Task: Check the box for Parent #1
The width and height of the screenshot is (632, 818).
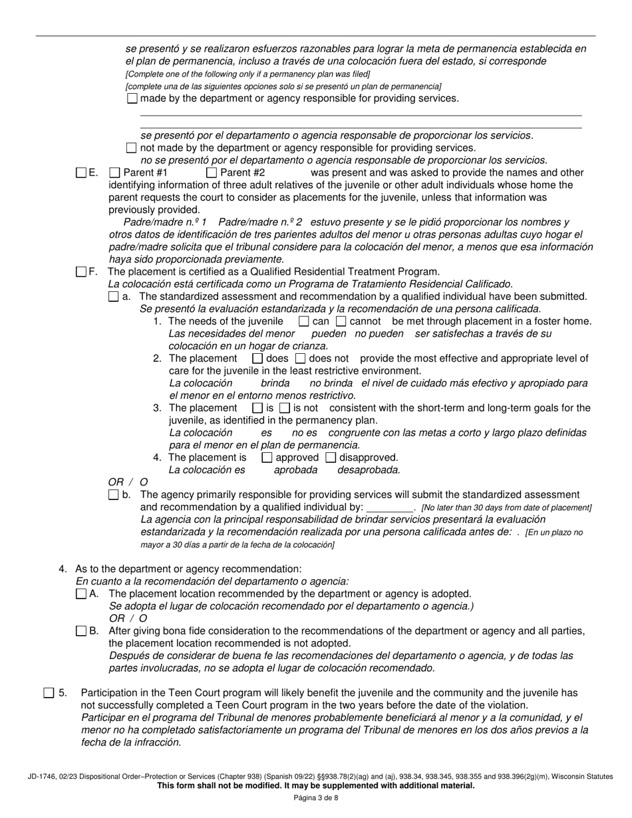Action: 114,173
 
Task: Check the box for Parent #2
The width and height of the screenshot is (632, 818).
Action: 212,173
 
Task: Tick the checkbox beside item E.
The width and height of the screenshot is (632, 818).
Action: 81,173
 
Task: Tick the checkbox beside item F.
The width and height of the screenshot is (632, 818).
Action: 81,271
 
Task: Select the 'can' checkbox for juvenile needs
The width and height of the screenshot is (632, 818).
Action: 303,321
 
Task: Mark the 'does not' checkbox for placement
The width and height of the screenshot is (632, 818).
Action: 300,358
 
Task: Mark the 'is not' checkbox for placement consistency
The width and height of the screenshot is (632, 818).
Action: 285,408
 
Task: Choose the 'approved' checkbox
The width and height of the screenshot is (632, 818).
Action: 267,458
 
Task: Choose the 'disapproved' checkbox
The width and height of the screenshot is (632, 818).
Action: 331,458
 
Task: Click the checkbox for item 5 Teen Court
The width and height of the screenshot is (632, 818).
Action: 49,693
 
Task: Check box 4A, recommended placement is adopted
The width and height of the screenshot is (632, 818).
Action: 81,594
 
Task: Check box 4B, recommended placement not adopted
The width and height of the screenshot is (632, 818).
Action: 81,630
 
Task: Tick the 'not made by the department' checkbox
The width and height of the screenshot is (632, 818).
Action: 131,148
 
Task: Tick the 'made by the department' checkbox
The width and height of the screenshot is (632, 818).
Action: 132,98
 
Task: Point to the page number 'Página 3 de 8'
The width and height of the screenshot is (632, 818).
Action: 315,799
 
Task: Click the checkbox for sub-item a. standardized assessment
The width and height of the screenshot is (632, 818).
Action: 113,297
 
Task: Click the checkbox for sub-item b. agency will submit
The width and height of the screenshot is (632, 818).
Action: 113,495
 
